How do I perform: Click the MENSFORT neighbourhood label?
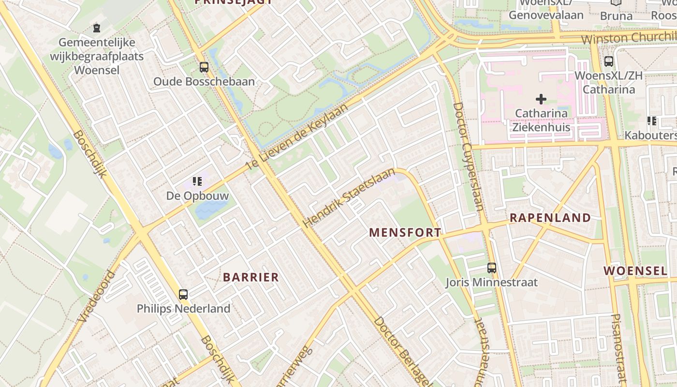click(405, 233)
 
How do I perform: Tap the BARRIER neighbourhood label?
click(251, 277)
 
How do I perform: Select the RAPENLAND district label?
click(550, 218)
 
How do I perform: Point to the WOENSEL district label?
click(636, 271)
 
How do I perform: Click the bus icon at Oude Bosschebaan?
click(204, 67)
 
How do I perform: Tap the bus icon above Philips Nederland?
click(183, 294)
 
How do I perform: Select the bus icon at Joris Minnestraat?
click(492, 268)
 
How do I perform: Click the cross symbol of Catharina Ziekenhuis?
click(541, 99)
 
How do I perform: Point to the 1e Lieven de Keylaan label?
click(297, 136)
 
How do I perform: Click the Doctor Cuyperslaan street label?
click(468, 156)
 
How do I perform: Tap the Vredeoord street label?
click(96, 297)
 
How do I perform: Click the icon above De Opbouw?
click(197, 181)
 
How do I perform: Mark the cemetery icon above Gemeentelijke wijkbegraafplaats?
click(97, 28)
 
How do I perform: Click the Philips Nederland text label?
click(183, 309)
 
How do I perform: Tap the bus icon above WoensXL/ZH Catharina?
click(608, 61)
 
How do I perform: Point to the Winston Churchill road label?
click(629, 38)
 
